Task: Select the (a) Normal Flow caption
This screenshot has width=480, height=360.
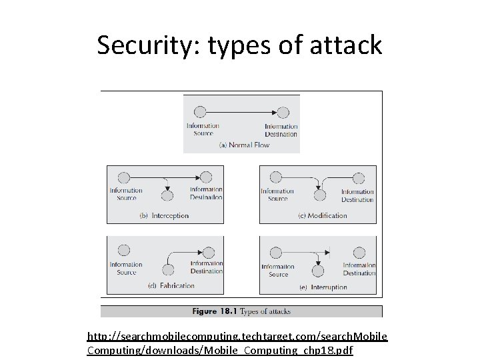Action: click(244, 145)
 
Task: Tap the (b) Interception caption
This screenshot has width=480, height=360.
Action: click(164, 216)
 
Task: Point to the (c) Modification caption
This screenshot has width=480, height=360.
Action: click(323, 215)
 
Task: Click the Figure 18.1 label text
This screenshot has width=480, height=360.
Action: click(214, 311)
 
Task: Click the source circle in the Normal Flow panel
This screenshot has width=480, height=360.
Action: click(199, 112)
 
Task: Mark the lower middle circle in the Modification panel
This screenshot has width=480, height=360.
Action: click(320, 195)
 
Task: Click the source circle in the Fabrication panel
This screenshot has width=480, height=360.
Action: click(124, 251)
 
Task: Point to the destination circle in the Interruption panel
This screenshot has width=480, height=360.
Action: click(359, 253)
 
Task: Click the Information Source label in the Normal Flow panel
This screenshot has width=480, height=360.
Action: click(203, 129)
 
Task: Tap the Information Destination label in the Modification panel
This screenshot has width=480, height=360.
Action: click(358, 195)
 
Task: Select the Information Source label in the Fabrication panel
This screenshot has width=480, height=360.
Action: click(126, 269)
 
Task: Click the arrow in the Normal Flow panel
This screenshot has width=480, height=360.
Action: click(241, 112)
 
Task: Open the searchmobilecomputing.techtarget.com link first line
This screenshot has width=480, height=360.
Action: click(237, 338)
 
